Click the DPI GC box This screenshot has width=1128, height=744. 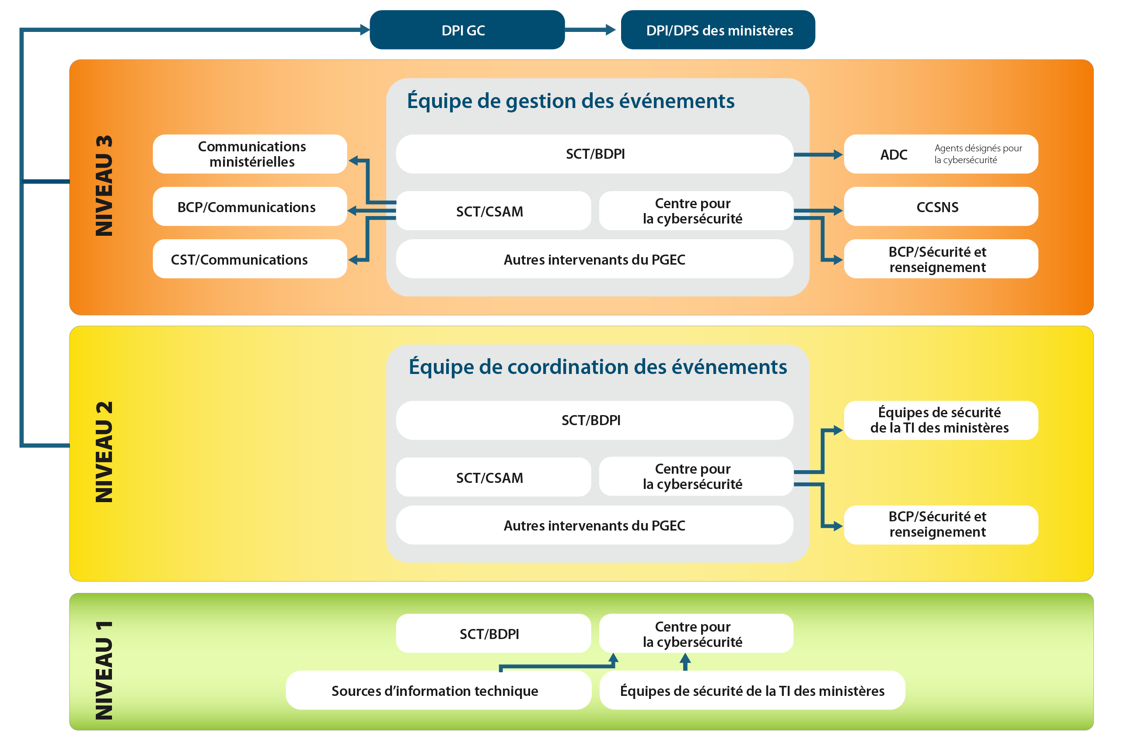click(467, 30)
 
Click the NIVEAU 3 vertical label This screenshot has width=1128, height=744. click(104, 186)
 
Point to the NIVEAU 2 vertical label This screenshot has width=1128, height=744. click(104, 452)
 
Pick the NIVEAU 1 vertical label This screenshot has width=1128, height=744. click(104, 670)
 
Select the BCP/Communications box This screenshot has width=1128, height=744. click(249, 207)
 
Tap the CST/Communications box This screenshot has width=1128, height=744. click(249, 259)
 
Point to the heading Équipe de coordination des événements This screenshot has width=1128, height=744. click(598, 367)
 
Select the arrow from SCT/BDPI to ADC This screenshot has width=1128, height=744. click(818, 155)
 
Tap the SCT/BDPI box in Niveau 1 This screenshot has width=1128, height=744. click(493, 633)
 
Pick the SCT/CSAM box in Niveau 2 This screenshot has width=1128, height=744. click(493, 477)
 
